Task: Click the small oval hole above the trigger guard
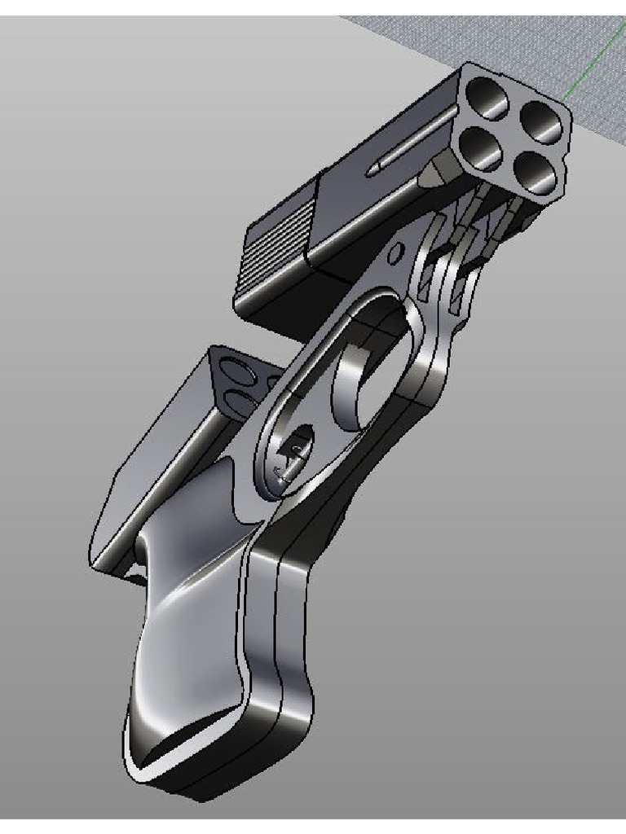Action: (x=395, y=255)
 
